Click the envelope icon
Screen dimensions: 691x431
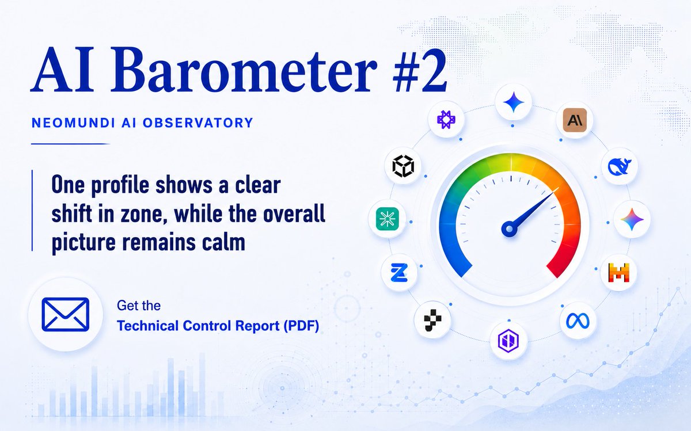66,314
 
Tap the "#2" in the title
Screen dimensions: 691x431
420,71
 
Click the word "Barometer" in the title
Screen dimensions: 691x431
244,71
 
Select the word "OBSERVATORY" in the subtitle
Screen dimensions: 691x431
198,123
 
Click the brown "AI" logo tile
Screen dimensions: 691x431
575,120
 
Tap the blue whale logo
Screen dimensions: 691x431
620,166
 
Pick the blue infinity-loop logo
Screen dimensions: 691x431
578,321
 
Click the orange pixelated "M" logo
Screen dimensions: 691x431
619,273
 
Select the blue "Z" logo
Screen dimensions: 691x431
399,273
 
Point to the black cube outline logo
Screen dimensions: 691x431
403,166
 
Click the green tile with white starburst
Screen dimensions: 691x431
388,219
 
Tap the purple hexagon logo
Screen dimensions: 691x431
508,340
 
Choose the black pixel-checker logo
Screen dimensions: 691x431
432,320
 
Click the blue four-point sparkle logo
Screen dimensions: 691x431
513,102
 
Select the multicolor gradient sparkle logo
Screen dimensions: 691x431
632,219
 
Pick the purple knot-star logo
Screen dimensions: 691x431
446,120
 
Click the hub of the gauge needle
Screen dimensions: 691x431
509,229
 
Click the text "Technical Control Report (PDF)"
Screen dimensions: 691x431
218,326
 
